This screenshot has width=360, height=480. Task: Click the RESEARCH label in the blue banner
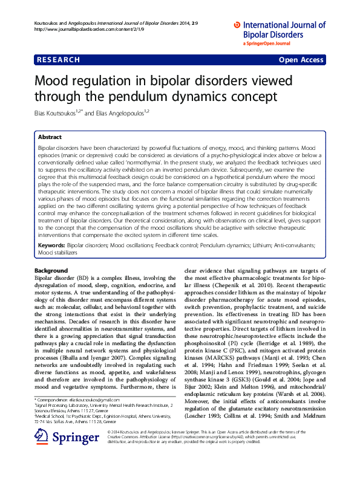pos(58,60)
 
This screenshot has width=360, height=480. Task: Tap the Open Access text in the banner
pos(301,60)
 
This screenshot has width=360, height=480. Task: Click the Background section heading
pos(51,270)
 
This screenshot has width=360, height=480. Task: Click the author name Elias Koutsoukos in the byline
pos(57,113)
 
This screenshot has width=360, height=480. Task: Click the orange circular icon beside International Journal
pos(237,25)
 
